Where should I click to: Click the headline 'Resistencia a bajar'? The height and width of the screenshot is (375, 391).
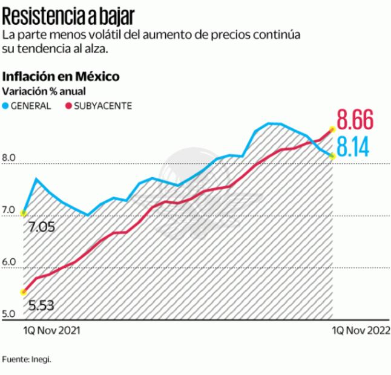point(69,13)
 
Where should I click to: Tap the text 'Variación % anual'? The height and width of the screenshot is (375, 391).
point(44,91)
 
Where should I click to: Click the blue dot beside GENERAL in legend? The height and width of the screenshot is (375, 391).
point(6,105)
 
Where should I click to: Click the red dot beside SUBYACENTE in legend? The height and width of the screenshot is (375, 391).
point(68,105)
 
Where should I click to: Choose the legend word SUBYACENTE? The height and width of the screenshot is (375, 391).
point(102,105)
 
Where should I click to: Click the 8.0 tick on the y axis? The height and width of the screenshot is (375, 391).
point(9,159)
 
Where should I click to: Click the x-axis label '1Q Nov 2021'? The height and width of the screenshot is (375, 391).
point(52,331)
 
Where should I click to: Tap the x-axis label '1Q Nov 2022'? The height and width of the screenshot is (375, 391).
point(361,331)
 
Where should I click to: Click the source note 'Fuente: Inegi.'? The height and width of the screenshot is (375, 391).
point(27,360)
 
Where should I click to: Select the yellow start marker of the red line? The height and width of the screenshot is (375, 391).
point(24,292)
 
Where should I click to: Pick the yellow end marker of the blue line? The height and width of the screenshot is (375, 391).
point(332,157)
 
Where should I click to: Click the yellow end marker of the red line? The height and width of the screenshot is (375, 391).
point(332,129)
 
